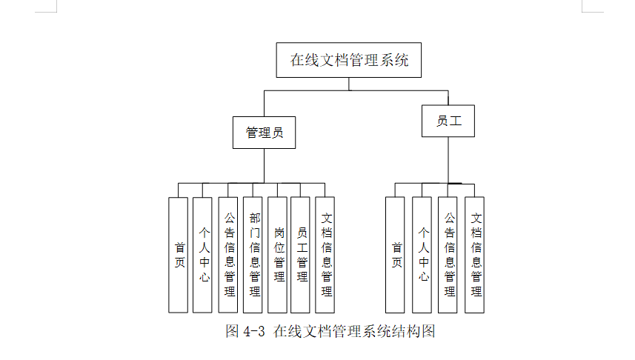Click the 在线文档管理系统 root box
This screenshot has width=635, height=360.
[349, 60]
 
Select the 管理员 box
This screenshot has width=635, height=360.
[265, 133]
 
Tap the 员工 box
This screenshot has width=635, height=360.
[448, 121]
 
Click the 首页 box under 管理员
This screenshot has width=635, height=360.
[179, 254]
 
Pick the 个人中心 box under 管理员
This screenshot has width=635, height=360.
[202, 254]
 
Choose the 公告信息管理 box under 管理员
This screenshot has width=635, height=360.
[228, 254]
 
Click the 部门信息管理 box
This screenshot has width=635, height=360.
[253, 254]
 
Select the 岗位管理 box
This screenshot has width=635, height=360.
[278, 254]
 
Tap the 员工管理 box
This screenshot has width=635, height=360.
[301, 254]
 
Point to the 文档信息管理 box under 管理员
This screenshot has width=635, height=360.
[325, 254]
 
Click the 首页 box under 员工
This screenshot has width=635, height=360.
[396, 254]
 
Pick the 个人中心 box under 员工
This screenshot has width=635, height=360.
[422, 254]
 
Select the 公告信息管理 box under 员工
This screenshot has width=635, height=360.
[448, 254]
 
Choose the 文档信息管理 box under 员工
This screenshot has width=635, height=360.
[475, 254]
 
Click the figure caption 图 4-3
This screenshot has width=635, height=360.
[245, 331]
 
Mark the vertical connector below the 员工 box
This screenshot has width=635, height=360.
[448, 159]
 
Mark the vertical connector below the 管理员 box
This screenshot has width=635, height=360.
[265, 165]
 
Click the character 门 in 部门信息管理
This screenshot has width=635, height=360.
[254, 233]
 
